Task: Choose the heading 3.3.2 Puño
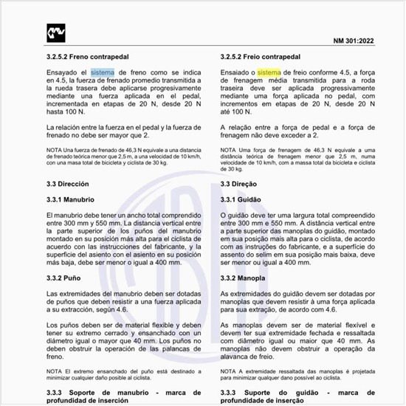click(x=63, y=278)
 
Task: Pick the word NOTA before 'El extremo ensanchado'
click(x=54, y=371)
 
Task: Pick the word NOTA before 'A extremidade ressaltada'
click(x=229, y=371)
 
